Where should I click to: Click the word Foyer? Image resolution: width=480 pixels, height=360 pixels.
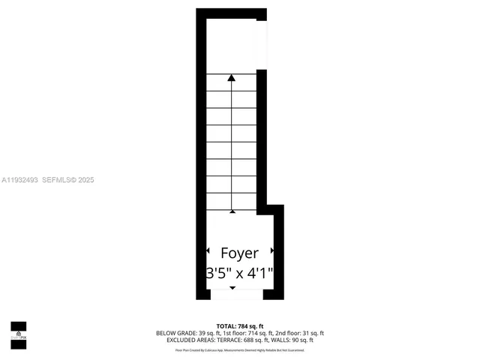click(239, 253)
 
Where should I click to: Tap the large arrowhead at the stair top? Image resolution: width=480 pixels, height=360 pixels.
click(232, 76)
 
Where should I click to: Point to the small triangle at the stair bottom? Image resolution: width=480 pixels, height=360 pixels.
click(232, 211)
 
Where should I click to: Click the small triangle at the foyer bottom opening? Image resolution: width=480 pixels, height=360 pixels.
click(232, 289)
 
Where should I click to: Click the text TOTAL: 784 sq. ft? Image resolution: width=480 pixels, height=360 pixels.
click(239, 325)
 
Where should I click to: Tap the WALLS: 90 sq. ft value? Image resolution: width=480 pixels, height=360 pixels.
click(292, 340)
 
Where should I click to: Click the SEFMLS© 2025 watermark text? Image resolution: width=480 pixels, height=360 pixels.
click(67, 180)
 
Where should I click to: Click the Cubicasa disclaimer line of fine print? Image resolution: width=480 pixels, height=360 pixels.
click(239, 349)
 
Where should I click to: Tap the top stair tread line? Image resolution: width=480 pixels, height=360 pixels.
click(232, 74)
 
